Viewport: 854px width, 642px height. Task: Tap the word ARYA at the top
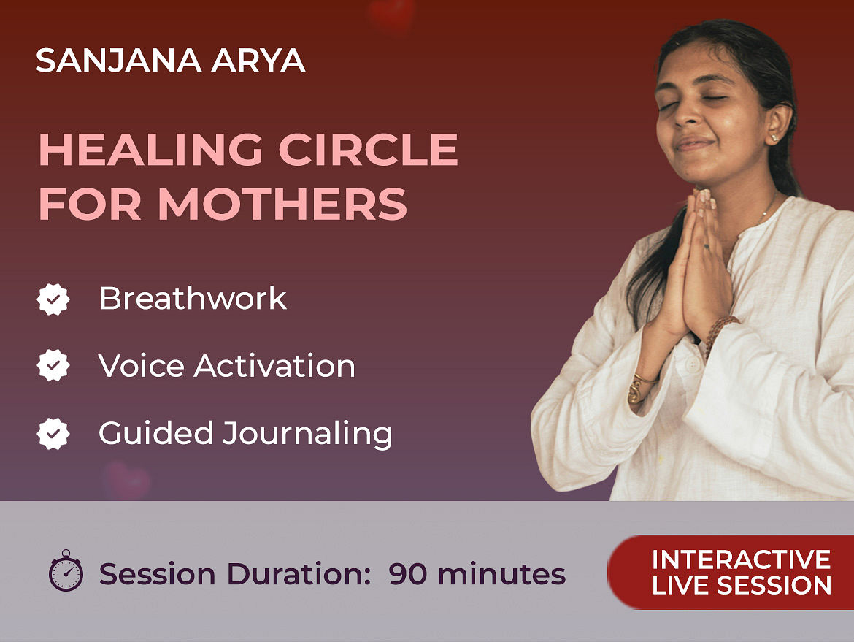point(258,60)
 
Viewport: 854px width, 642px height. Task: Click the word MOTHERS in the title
point(282,205)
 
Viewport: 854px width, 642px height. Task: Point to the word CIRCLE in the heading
point(368,150)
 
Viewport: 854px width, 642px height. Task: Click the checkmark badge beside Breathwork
point(53,299)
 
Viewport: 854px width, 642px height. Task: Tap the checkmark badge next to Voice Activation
point(53,365)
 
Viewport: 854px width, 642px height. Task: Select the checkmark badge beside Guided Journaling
point(53,434)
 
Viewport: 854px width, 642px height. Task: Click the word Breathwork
point(193,298)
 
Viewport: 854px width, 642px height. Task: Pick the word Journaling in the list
point(307,435)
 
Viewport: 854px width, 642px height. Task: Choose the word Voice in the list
point(141,365)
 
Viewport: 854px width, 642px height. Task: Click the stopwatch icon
point(66,570)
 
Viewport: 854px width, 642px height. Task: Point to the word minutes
point(501,574)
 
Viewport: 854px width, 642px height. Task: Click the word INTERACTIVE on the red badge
point(742,559)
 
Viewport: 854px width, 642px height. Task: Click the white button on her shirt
point(692,364)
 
